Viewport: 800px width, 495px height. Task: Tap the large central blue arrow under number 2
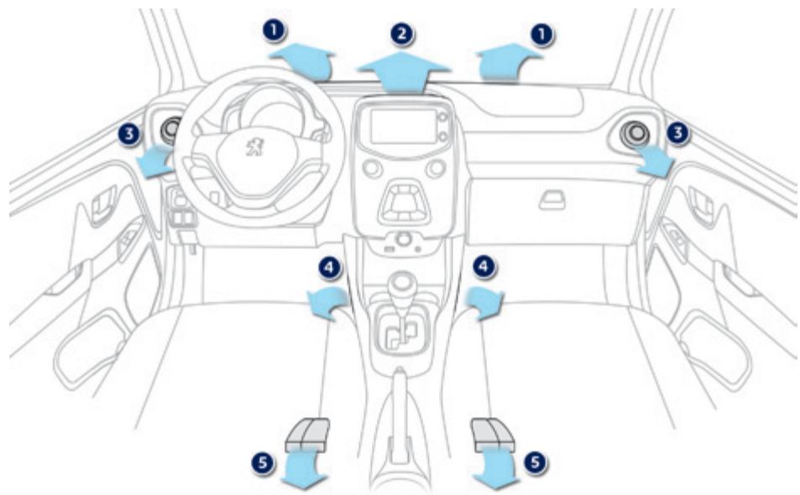point(404,70)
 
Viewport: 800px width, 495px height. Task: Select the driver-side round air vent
point(172,129)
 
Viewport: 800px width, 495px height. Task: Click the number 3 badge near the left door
point(128,134)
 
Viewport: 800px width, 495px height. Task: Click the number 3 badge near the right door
point(679,133)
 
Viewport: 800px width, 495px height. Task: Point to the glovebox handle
point(552,199)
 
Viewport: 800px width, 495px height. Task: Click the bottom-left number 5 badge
point(263,461)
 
